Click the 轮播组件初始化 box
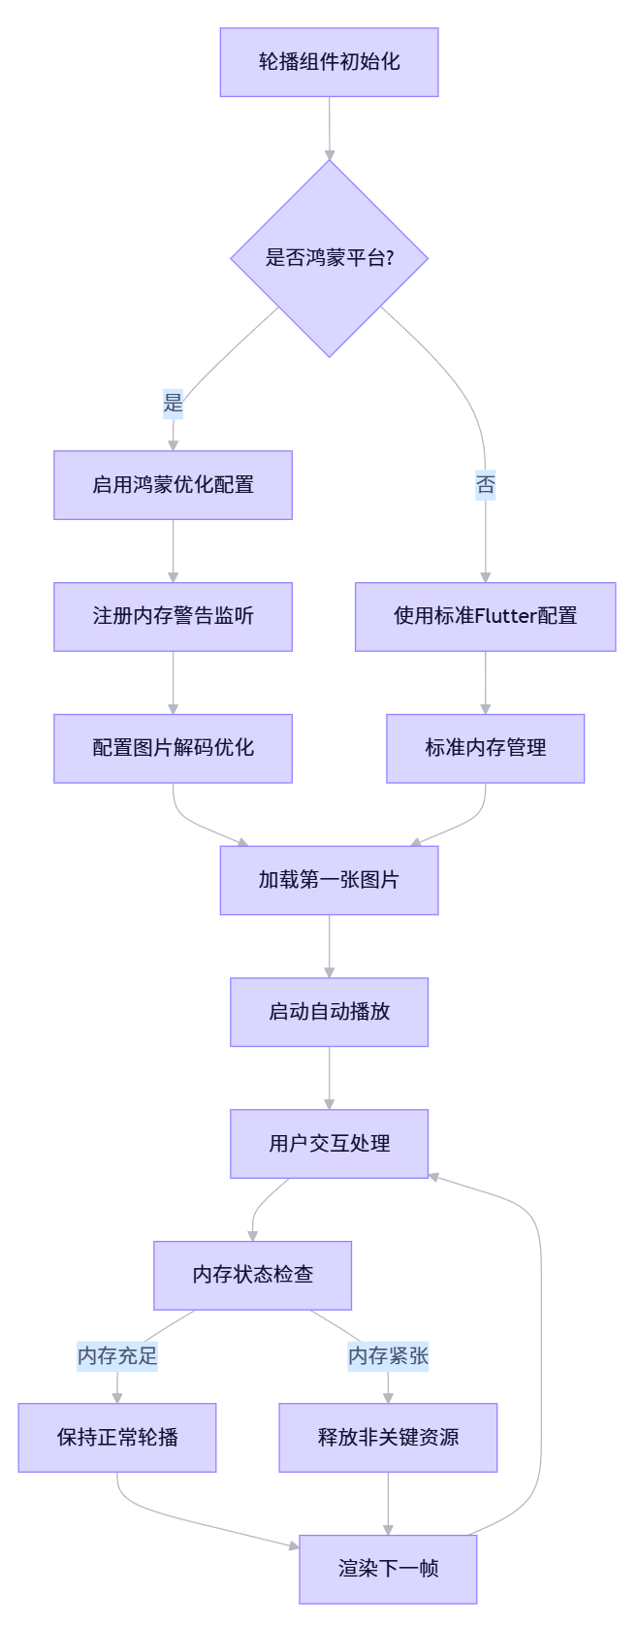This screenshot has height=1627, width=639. click(329, 62)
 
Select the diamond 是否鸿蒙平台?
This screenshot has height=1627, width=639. click(329, 258)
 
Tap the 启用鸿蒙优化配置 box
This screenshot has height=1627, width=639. click(173, 484)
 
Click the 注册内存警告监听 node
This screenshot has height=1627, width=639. click(173, 616)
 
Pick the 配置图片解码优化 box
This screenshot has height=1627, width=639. click(173, 748)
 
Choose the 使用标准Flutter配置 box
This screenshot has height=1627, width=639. click(485, 616)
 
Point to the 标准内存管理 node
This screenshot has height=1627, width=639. click(485, 748)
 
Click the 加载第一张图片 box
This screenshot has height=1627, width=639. click(329, 880)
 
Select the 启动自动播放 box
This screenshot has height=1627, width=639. click(329, 1012)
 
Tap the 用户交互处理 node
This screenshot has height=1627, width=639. click(329, 1144)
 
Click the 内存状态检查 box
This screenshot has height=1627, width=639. click(252, 1275)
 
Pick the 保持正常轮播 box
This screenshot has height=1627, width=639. click(117, 1437)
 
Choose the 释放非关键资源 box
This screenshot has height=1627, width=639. click(388, 1437)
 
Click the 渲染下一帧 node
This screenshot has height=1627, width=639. click(388, 1569)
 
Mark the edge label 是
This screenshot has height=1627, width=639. click(173, 403)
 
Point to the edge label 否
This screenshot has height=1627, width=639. click(485, 484)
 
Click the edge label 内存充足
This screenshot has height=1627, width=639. click(117, 1355)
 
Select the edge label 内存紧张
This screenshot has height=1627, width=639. click(388, 1355)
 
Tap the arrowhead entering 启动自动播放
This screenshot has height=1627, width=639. click(329, 971)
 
